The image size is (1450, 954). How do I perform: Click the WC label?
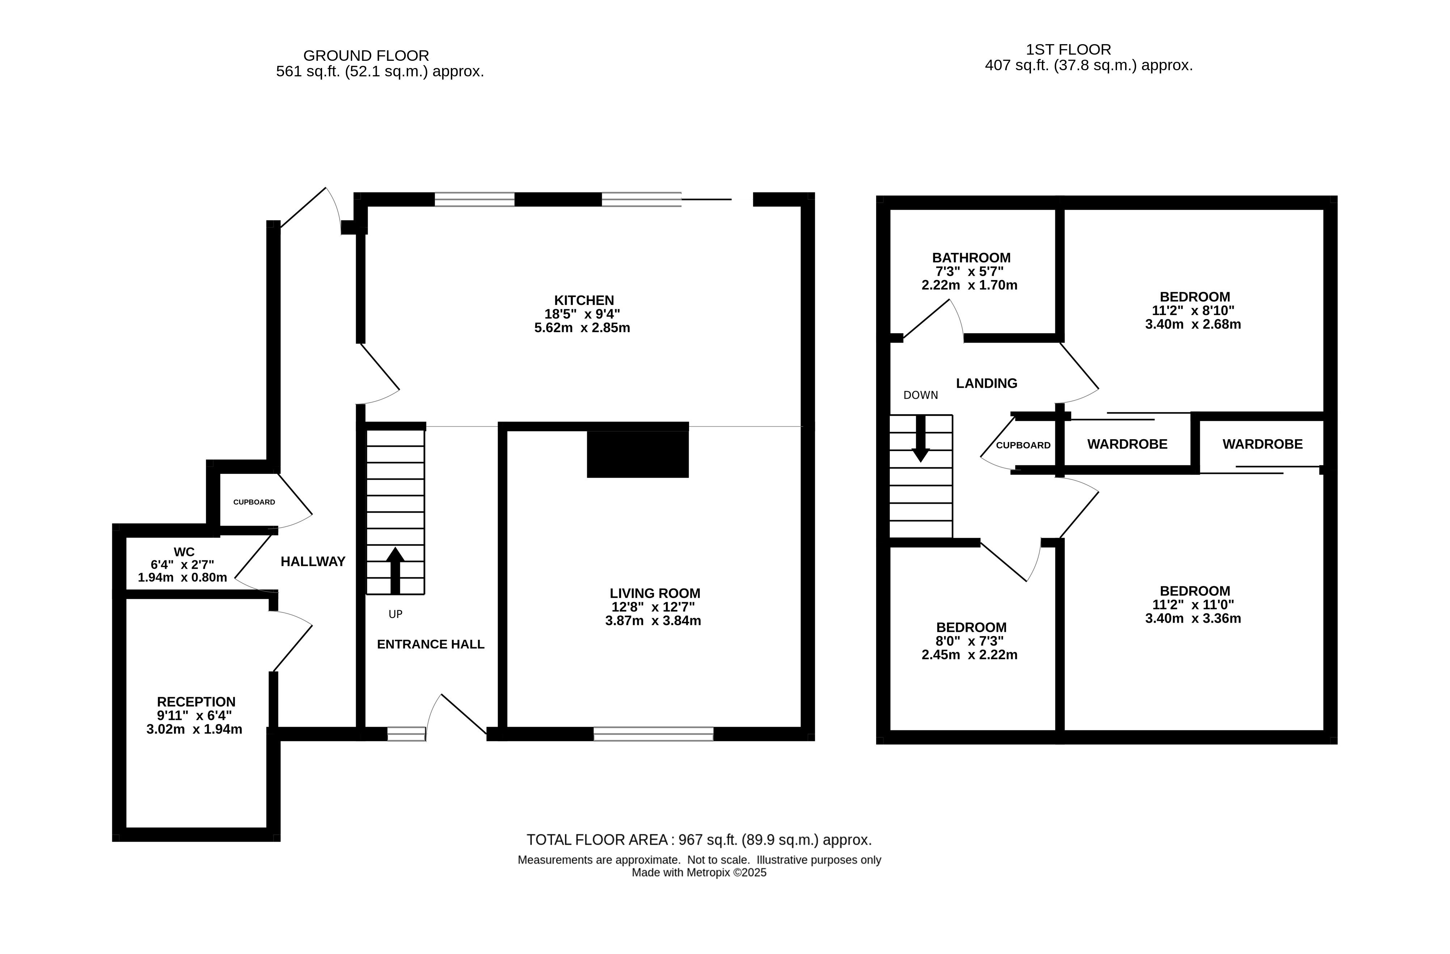184,552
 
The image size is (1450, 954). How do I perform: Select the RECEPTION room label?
196,702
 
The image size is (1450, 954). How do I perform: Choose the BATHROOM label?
971,258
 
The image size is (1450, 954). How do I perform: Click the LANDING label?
986,383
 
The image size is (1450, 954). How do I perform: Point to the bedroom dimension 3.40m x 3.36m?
1193,618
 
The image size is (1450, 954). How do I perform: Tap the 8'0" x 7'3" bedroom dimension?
970,641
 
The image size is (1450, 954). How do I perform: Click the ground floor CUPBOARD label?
254,502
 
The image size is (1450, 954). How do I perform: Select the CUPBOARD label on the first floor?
1023,445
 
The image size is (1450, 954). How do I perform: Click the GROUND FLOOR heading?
366,55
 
